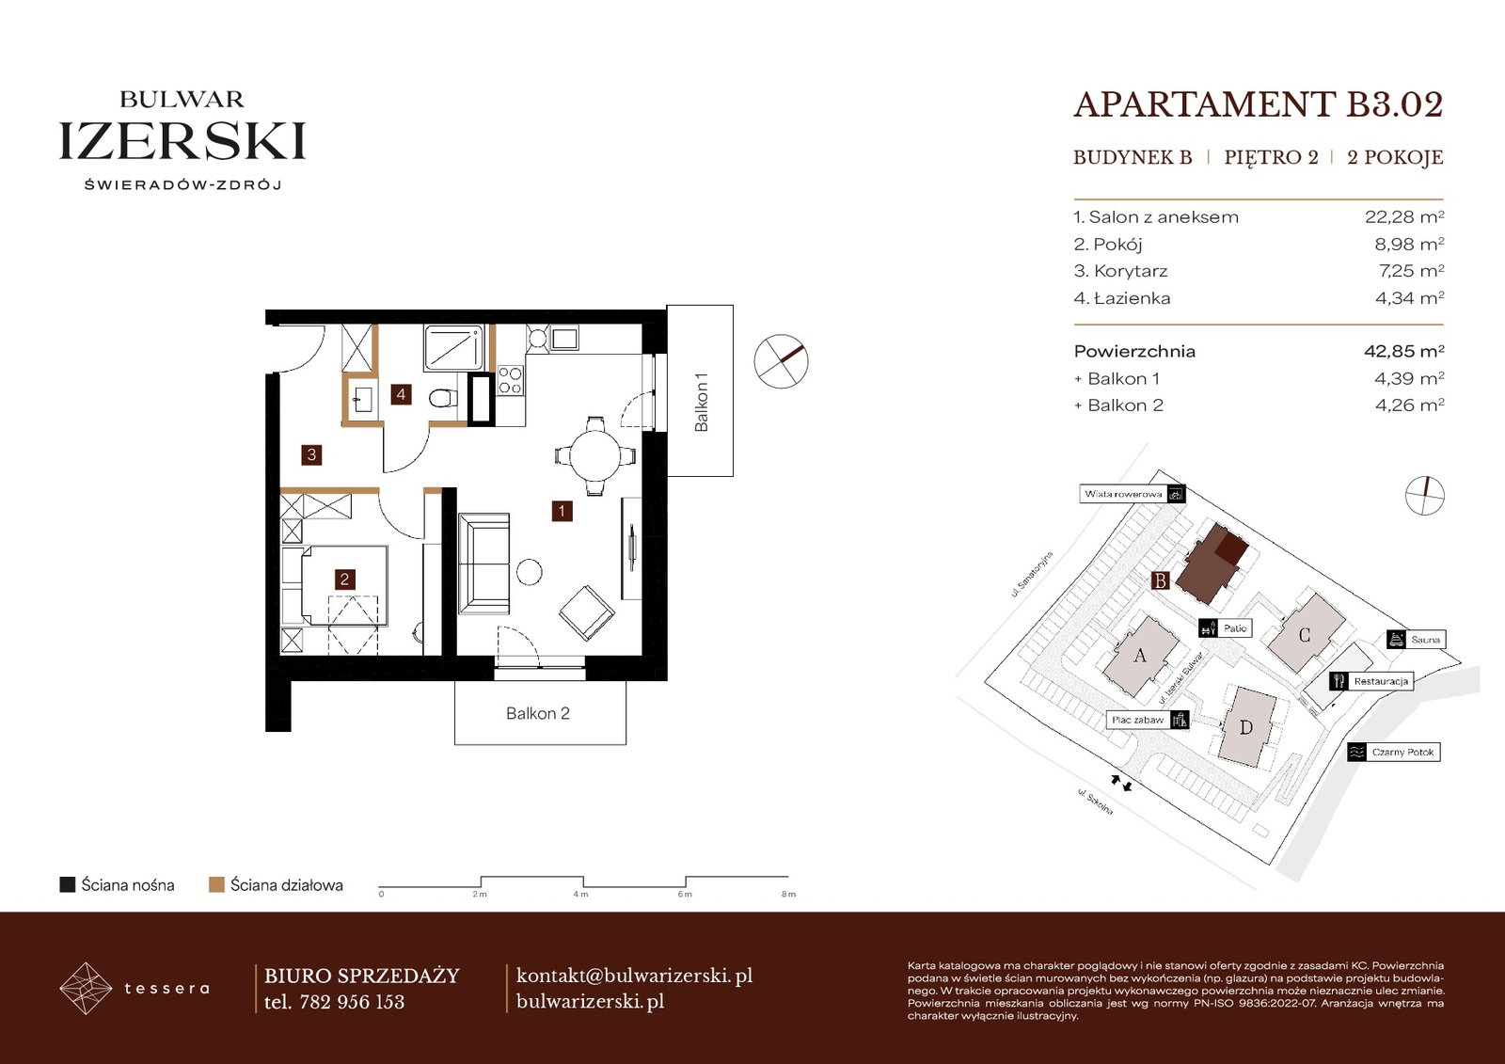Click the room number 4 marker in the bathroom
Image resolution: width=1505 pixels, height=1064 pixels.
[401, 394]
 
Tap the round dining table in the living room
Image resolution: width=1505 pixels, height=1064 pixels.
[595, 455]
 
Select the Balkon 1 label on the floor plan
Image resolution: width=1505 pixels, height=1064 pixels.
[702, 402]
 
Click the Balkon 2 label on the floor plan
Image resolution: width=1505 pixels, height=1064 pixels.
[537, 713]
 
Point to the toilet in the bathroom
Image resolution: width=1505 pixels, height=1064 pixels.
[443, 398]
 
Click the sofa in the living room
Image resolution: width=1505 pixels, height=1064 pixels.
[483, 564]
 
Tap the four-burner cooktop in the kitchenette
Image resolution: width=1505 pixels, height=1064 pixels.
[510, 380]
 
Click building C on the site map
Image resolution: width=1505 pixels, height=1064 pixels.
[1304, 634]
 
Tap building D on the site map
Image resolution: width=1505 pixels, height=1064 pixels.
[1246, 726]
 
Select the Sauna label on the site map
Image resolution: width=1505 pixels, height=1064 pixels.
[1425, 639]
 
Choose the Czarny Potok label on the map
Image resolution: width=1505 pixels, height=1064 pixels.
[1402, 752]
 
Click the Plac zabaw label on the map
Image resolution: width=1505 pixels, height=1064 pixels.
[1137, 720]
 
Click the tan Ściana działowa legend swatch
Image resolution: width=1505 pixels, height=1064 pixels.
[216, 884]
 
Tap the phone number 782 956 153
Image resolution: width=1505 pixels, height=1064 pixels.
[352, 1002]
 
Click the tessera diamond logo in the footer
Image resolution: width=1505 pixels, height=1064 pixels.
[86, 988]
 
